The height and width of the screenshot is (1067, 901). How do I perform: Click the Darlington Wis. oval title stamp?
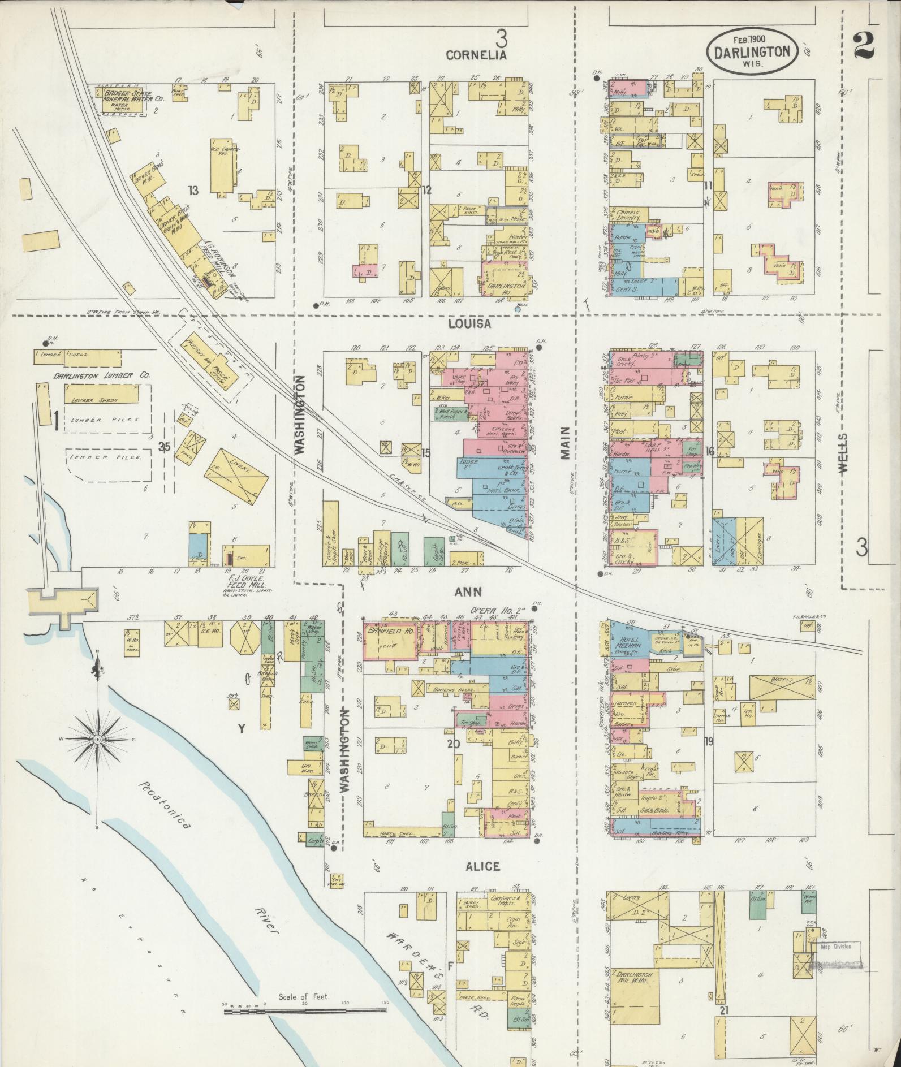click(x=752, y=50)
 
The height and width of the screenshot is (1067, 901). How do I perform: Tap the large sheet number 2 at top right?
click(x=864, y=45)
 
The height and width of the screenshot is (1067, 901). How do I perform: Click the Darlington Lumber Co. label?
click(x=102, y=375)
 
